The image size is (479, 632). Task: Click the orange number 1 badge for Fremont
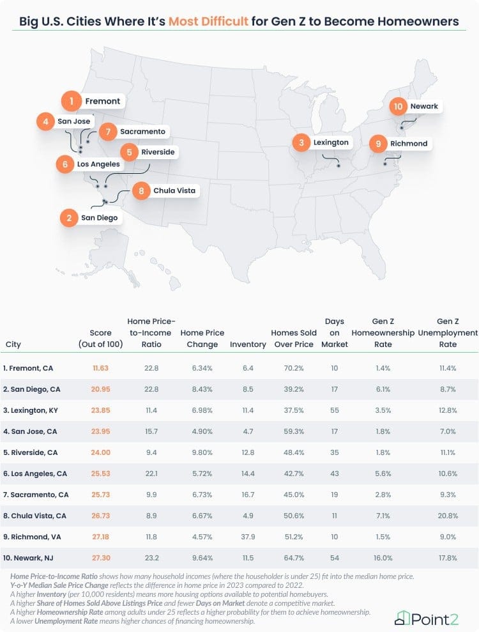point(72,101)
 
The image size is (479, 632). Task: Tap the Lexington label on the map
point(331,142)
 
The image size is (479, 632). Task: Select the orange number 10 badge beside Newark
point(399,106)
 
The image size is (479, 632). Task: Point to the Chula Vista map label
point(174,190)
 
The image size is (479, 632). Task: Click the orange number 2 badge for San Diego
point(68,218)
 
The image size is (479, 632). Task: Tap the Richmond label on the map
point(408,143)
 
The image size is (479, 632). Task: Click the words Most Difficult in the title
point(208,21)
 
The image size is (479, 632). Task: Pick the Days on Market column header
point(334,332)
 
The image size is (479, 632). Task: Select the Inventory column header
point(248,344)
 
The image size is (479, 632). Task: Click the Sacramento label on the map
point(142,132)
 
